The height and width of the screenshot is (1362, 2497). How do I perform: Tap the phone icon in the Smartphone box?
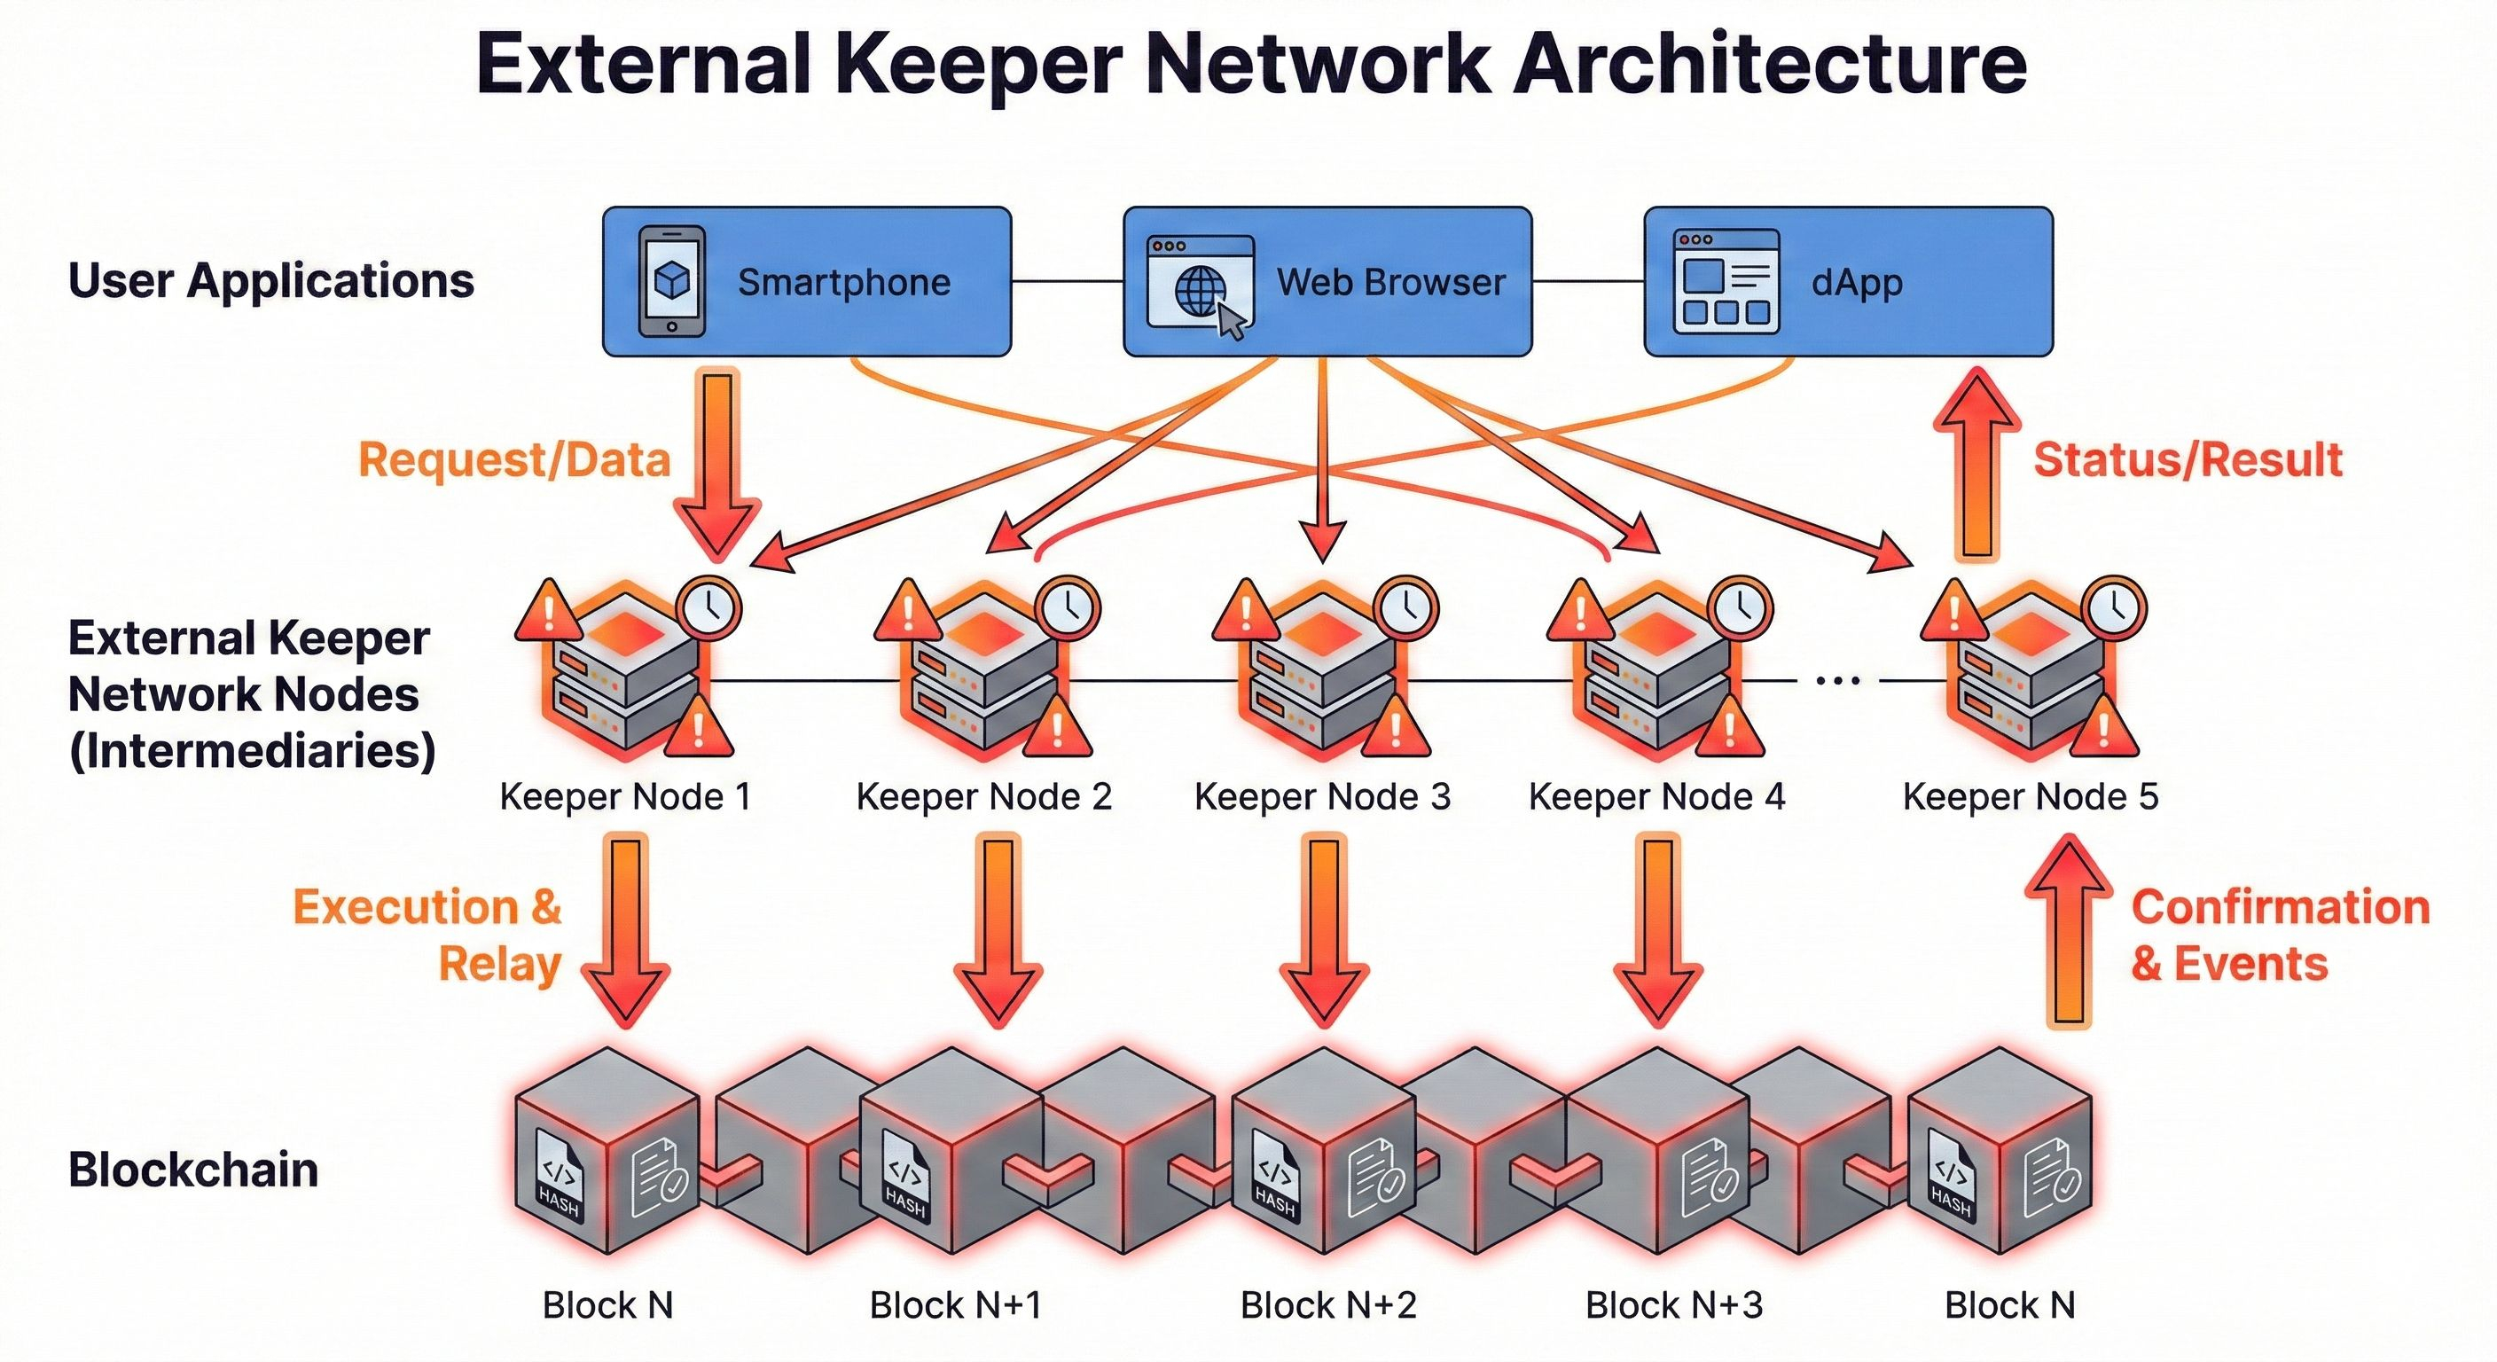coord(672,281)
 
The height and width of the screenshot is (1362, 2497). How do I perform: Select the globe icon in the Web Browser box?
coord(1199,290)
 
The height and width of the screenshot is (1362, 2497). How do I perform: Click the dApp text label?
coord(1856,282)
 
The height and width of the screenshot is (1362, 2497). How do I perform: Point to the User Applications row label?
coord(270,280)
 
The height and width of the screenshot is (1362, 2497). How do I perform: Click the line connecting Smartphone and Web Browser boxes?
coord(1066,281)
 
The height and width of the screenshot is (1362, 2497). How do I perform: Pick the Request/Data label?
coord(513,459)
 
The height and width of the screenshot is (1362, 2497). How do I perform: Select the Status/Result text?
coord(2187,459)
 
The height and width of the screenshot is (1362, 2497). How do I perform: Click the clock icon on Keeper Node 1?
coord(709,607)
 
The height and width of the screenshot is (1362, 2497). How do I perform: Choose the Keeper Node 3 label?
coord(1322,797)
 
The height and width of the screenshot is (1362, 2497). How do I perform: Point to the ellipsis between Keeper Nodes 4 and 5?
coord(1838,680)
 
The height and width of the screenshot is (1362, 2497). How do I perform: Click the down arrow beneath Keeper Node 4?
coord(1657,931)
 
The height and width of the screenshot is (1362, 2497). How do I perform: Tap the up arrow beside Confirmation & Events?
coord(2069,931)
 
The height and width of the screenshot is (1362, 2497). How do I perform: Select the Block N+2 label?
coord(1328,1304)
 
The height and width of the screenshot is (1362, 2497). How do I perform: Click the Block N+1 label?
coord(956,1304)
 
